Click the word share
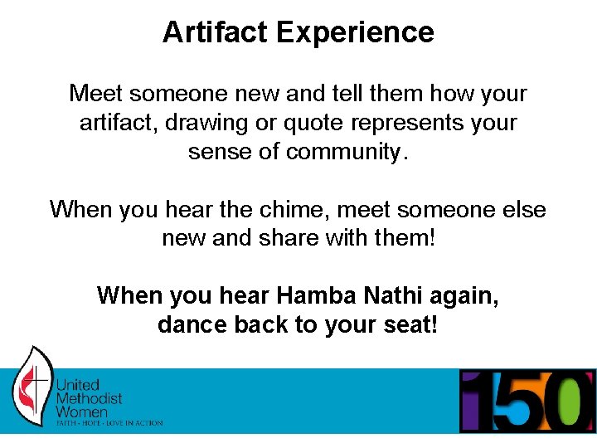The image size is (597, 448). tap(297, 239)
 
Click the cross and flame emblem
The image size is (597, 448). tap(32, 387)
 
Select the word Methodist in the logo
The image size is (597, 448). tap(89, 399)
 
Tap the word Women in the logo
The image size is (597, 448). tap(81, 412)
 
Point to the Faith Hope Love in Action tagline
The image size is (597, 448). tap(109, 423)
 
